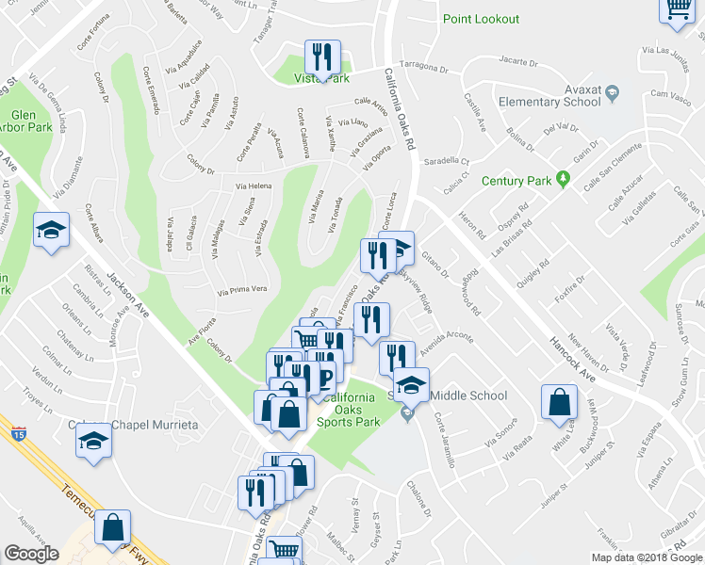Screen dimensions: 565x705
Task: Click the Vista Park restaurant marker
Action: pos(322,58)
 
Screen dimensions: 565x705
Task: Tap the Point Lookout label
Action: pos(481,19)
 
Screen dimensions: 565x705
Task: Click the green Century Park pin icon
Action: pos(563,178)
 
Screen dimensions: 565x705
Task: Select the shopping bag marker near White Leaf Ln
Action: pos(559,402)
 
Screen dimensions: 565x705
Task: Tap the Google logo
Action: pos(32,554)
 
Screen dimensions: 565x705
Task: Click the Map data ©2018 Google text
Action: pos(647,557)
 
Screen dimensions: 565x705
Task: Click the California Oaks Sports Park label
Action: pos(351,410)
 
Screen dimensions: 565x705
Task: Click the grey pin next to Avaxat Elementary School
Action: pos(613,92)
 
